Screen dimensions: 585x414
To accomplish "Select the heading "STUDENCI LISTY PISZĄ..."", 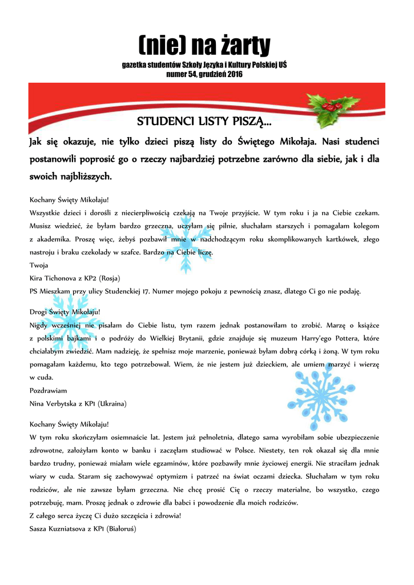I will pos(204,122).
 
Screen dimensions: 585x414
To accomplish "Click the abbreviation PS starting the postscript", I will pos(34,291).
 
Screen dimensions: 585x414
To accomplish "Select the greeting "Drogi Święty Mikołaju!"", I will pos(65,312).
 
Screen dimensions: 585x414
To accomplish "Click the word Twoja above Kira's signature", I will pos(39,265).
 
